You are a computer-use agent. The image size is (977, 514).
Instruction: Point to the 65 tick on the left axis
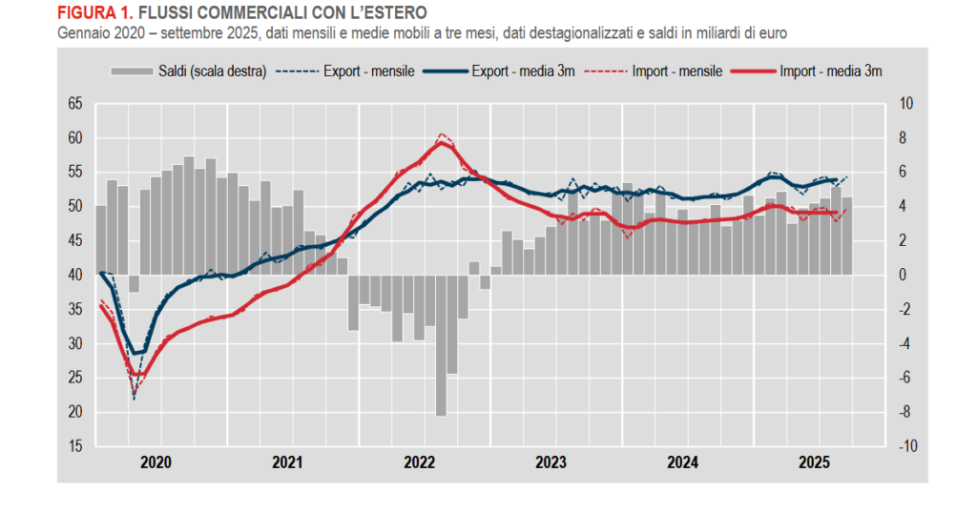pyautogui.click(x=75, y=104)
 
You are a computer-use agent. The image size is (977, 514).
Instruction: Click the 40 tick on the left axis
pyautogui.click(x=75, y=275)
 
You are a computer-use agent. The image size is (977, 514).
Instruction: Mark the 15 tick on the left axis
pyautogui.click(x=75, y=446)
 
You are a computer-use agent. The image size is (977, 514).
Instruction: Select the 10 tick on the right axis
pyautogui.click(x=906, y=104)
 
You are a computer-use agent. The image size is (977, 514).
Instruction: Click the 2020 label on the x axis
pyautogui.click(x=156, y=463)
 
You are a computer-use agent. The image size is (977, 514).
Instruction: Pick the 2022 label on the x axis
pyautogui.click(x=420, y=463)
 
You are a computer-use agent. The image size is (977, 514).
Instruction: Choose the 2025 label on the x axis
pyautogui.click(x=813, y=463)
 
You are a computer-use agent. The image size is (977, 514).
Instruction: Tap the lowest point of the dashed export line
pyautogui.click(x=134, y=398)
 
